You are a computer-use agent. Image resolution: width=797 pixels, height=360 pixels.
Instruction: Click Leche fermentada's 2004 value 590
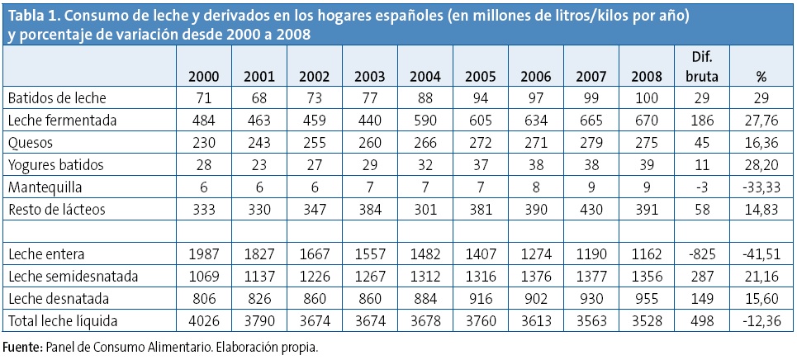425,120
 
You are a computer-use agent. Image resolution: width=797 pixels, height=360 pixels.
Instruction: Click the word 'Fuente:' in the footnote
24,347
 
